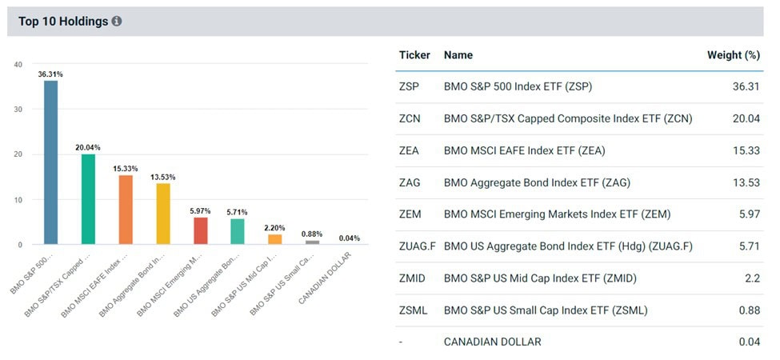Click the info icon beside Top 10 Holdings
(x=117, y=22)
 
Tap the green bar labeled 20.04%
(x=88, y=199)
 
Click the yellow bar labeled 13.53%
(x=163, y=214)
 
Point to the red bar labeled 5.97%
(x=200, y=230)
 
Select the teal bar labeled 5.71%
(x=238, y=231)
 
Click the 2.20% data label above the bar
(x=275, y=227)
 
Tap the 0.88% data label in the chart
(x=312, y=234)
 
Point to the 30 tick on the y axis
(x=18, y=110)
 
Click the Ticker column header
(x=414, y=55)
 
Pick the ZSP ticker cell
(x=408, y=86)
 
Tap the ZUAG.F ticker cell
(x=417, y=246)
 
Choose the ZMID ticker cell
(x=411, y=278)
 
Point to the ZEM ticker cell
(x=410, y=214)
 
